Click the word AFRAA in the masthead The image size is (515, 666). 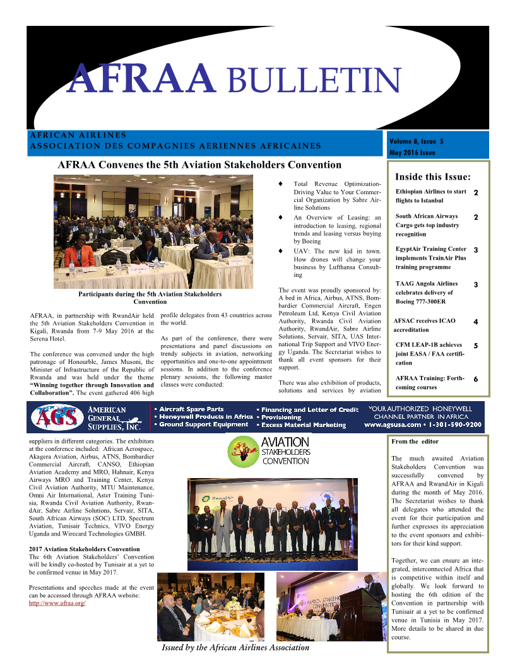tap(141, 78)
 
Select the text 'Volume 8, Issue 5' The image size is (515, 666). tap(416, 141)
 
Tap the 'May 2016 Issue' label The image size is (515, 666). tap(411, 153)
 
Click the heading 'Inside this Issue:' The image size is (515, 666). tap(432, 176)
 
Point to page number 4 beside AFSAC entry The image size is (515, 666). tap(475, 322)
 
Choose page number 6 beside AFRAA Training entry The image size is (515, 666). tap(475, 380)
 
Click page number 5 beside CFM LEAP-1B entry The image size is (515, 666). tap(475, 346)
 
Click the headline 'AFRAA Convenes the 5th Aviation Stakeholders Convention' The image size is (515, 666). tap(199, 165)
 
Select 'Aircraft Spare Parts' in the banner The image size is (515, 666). tap(191, 409)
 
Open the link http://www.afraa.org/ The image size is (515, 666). tap(57, 604)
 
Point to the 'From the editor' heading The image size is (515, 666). tap(415, 441)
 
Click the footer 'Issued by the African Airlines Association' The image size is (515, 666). tap(235, 647)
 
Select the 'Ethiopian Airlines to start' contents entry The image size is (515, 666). tap(431, 191)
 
